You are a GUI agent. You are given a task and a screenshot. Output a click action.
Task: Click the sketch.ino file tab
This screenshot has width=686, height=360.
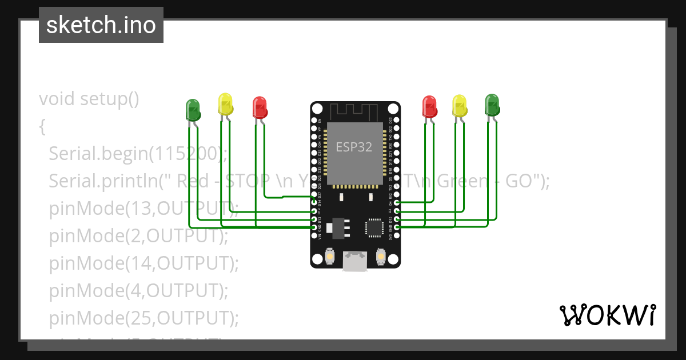tap(101, 25)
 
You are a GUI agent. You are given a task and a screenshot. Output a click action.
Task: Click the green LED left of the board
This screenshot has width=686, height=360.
tap(193, 109)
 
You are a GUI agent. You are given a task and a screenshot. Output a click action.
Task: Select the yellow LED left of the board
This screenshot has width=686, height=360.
tap(225, 104)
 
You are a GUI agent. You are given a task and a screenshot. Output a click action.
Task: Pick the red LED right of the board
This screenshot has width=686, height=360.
tap(429, 106)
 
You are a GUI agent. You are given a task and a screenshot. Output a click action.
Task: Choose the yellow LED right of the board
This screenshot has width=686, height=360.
tap(459, 106)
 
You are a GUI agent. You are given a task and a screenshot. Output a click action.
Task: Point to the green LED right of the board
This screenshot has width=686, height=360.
tap(492, 105)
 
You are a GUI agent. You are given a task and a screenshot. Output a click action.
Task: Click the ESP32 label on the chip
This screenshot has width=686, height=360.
tap(354, 147)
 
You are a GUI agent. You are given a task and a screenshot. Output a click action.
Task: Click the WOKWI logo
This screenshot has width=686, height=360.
tap(607, 315)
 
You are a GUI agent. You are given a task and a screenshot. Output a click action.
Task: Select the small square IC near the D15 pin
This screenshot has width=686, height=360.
tap(374, 227)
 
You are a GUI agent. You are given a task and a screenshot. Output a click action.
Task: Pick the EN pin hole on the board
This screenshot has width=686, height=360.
tap(314, 121)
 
